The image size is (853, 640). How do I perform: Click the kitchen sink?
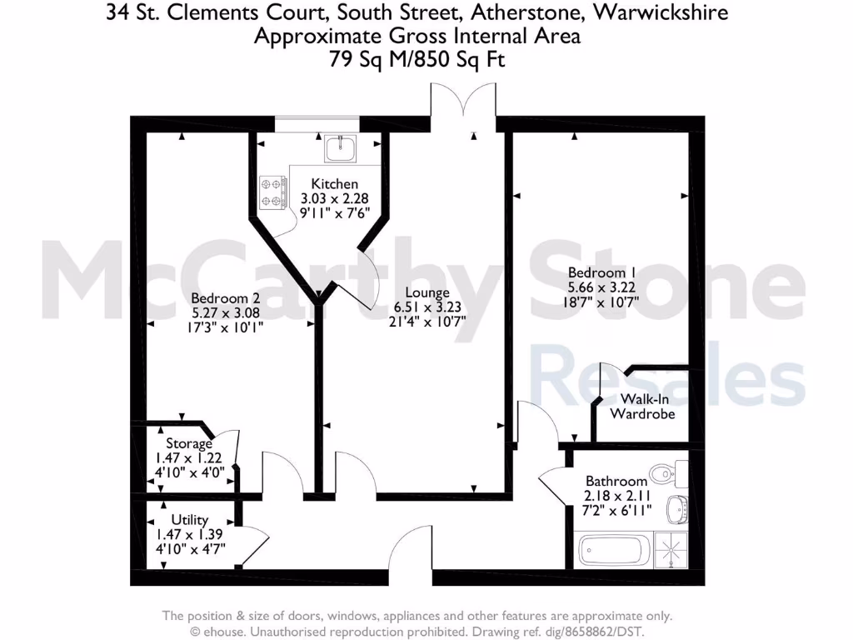point(341,149)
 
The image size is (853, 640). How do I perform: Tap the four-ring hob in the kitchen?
point(272,191)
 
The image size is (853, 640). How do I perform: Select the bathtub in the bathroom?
point(615,551)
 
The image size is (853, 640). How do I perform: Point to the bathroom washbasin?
point(681,507)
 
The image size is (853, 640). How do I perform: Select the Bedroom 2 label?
point(220,297)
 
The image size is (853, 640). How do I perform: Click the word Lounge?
point(427,292)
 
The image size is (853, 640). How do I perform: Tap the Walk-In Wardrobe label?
point(642,406)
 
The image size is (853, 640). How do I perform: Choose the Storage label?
point(189,443)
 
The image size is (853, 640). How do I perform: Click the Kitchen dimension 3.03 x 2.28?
point(335,198)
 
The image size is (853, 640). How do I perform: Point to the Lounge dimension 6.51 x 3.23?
point(427,306)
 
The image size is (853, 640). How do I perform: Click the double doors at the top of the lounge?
point(464,104)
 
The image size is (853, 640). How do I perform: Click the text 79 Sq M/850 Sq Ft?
point(417,60)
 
